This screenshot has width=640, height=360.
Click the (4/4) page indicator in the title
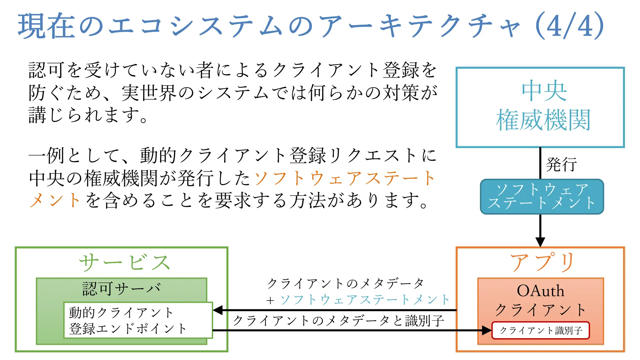(x=569, y=26)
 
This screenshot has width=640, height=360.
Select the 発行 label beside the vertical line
(x=561, y=164)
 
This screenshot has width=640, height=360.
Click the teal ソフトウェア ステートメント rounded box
(x=542, y=197)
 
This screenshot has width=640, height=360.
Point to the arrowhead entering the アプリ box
(x=540, y=242)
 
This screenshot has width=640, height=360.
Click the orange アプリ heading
(x=542, y=262)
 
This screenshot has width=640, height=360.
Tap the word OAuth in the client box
(x=540, y=291)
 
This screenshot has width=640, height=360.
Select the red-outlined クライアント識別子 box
(x=541, y=330)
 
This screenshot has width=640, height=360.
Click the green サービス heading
(x=124, y=262)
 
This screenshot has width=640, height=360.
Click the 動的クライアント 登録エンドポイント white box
(x=138, y=320)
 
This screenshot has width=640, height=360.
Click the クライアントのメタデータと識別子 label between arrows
(x=338, y=321)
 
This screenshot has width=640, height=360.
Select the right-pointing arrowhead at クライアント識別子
(x=487, y=330)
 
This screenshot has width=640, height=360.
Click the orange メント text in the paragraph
(x=55, y=200)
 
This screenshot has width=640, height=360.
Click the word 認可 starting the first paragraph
(x=47, y=70)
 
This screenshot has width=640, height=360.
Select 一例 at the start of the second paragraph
(x=47, y=155)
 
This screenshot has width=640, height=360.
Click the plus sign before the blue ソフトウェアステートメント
(x=270, y=301)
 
